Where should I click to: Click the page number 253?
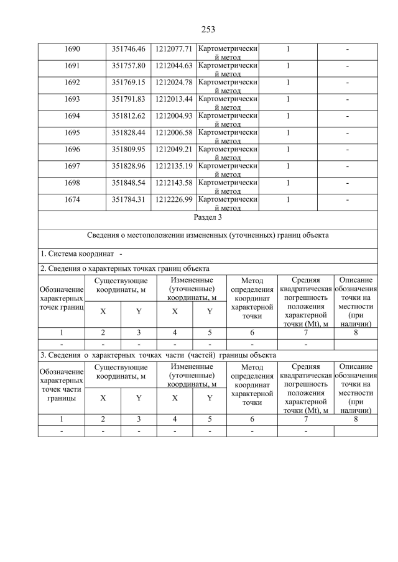(208, 29)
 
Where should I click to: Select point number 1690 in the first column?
(72, 48)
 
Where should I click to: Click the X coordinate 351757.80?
(128, 65)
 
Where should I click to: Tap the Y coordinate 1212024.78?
(174, 82)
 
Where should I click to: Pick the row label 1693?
(72, 99)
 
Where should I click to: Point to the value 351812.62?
(128, 116)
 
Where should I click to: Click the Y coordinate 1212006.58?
(174, 132)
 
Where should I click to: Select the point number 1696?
(72, 149)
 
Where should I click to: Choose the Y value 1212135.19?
(174, 166)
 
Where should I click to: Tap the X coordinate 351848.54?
(128, 183)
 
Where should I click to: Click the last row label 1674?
(72, 199)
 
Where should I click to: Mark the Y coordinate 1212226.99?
(174, 199)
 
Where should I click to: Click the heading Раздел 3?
(208, 217)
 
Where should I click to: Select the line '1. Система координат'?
(77, 253)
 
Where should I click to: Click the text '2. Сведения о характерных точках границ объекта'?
(124, 268)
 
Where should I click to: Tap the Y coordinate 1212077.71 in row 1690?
(174, 48)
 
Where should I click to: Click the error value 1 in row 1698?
(288, 183)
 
